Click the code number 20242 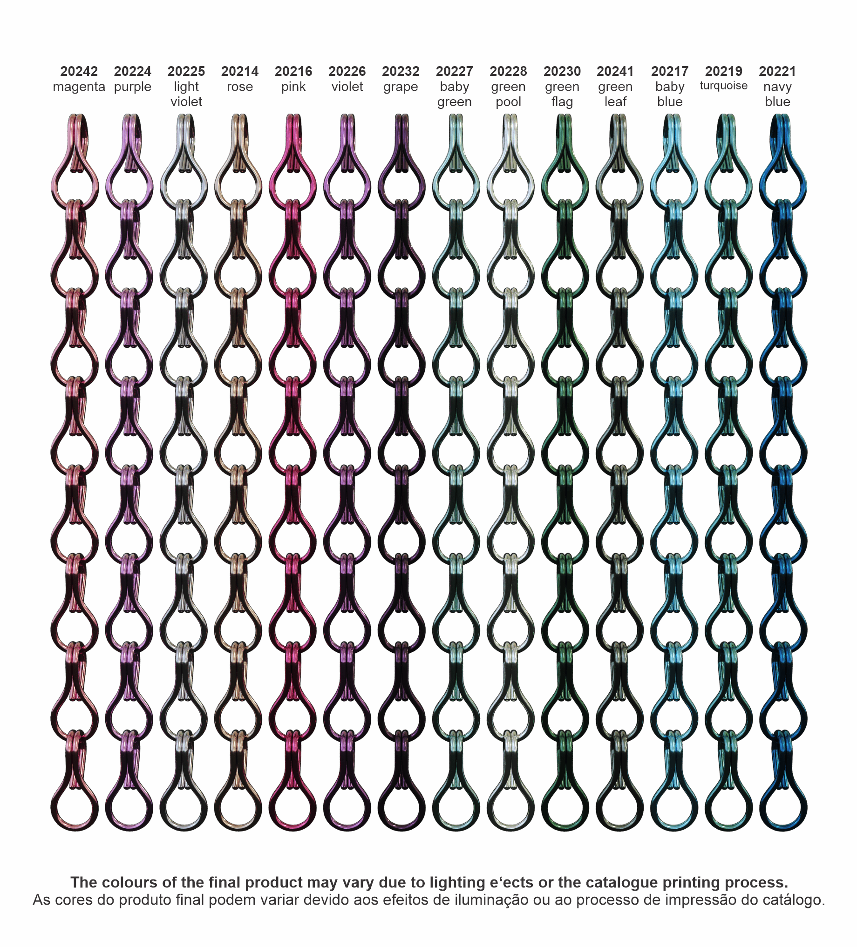click(x=79, y=71)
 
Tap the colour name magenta click(x=79, y=87)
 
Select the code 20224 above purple click(x=132, y=71)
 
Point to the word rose click(x=239, y=87)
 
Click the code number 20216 click(x=293, y=71)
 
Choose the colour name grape click(x=400, y=88)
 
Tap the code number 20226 click(x=347, y=71)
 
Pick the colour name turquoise click(x=724, y=86)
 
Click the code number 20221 click(x=777, y=71)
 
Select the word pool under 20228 click(x=508, y=102)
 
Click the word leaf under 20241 click(x=615, y=102)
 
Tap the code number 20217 click(x=670, y=71)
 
